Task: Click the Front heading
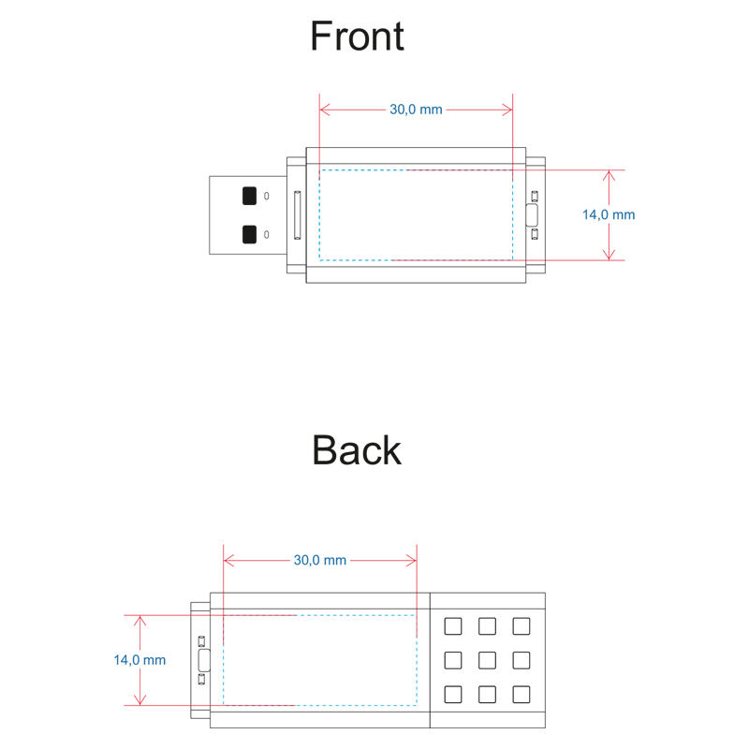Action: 357,37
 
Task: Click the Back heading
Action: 357,450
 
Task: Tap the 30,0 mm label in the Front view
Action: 416,110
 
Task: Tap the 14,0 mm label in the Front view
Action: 609,214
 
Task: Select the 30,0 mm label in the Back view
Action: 320,560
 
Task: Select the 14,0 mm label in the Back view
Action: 140,660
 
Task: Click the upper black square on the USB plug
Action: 249,196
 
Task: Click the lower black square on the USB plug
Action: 249,234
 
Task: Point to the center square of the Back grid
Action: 487,660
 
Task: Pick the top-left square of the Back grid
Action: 453,626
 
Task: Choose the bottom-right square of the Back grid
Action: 521,695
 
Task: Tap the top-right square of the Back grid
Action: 521,626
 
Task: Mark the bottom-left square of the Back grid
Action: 453,695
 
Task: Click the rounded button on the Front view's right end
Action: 534,215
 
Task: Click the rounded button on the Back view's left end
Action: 203,660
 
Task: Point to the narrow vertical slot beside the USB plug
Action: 298,215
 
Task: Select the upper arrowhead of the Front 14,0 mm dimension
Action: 609,175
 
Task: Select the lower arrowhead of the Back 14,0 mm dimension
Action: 140,699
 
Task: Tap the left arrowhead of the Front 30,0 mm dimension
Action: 325,110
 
